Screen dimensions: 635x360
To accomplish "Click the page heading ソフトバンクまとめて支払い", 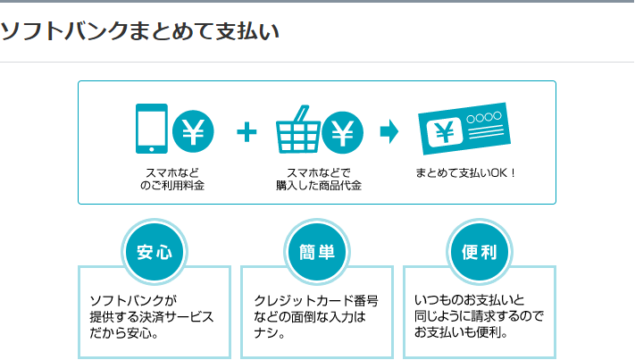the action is (139, 32).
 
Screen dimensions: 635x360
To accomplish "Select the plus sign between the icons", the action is (246, 132).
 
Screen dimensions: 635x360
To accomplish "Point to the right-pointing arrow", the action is (389, 132).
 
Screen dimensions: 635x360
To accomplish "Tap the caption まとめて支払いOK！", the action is (465, 172).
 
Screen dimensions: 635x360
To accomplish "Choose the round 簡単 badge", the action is (316, 251).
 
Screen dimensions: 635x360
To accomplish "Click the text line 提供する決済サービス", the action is (152, 317).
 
